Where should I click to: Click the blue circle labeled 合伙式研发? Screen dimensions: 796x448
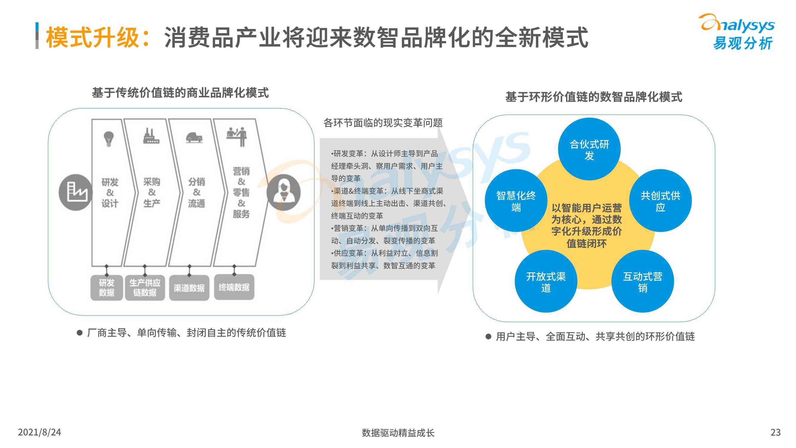pos(589,149)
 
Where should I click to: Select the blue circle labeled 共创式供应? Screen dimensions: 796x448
pos(660,201)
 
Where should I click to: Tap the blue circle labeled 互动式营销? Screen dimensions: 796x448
pos(643,281)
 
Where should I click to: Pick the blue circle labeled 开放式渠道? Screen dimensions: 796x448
pos(546,281)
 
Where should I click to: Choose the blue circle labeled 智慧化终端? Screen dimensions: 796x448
pos(516,201)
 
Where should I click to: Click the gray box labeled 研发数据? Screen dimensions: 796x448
pos(107,288)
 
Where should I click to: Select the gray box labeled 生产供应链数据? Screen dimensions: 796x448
pos(145,288)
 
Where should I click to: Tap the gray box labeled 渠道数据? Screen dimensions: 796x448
pos(189,288)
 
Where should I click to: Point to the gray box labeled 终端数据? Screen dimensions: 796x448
pos(234,287)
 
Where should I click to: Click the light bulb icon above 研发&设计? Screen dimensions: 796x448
pos(108,139)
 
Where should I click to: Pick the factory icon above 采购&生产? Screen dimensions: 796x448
pos(151,136)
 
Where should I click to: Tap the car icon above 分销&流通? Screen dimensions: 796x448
pos(194,138)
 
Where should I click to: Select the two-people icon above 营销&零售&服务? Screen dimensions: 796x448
pos(237,136)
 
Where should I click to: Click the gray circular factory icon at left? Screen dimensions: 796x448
pos(76,192)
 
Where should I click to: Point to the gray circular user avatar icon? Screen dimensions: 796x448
pos(284,192)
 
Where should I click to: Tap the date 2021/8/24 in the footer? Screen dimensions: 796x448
pos(39,432)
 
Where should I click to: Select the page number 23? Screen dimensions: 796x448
pos(776,432)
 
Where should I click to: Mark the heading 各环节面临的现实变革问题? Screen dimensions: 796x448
pos(383,123)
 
